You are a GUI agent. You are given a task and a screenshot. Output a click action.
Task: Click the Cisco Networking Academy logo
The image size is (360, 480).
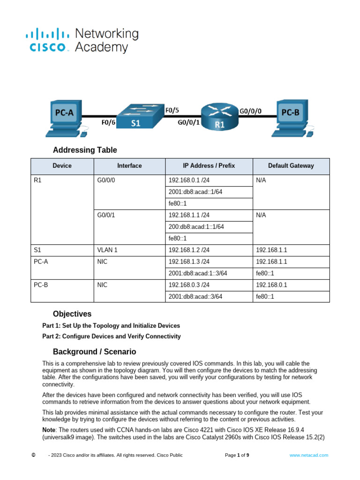coord(82,40)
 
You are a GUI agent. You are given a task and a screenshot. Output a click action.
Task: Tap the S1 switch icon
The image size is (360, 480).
coord(135,117)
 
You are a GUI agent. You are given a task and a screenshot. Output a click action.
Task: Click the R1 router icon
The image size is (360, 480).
coord(219,117)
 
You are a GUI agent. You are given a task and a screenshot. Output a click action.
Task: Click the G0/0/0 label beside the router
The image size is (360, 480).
coord(251,111)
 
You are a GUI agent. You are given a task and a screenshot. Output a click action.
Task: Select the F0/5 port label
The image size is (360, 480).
coord(172,111)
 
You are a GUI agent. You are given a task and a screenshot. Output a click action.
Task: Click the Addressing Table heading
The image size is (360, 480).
coord(85,150)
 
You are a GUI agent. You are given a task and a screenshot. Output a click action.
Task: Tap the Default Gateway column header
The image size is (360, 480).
coord(291,166)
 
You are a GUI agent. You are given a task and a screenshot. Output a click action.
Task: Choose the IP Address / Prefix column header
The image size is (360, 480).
coord(209,166)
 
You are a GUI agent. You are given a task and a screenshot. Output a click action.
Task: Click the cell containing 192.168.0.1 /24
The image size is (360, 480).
coord(189,180)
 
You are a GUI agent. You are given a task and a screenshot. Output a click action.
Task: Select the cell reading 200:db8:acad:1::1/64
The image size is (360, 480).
coord(196,227)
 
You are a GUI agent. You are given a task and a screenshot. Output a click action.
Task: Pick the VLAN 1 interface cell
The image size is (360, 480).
coord(107,250)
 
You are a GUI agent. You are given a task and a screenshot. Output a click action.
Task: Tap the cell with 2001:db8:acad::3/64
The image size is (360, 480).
coord(195,296)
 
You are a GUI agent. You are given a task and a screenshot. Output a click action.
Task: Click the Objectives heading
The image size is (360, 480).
coord(72,314)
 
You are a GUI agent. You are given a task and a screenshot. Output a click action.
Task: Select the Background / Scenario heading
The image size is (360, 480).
coord(94,352)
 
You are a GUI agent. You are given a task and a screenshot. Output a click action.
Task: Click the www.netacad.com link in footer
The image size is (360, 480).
coord(308,455)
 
